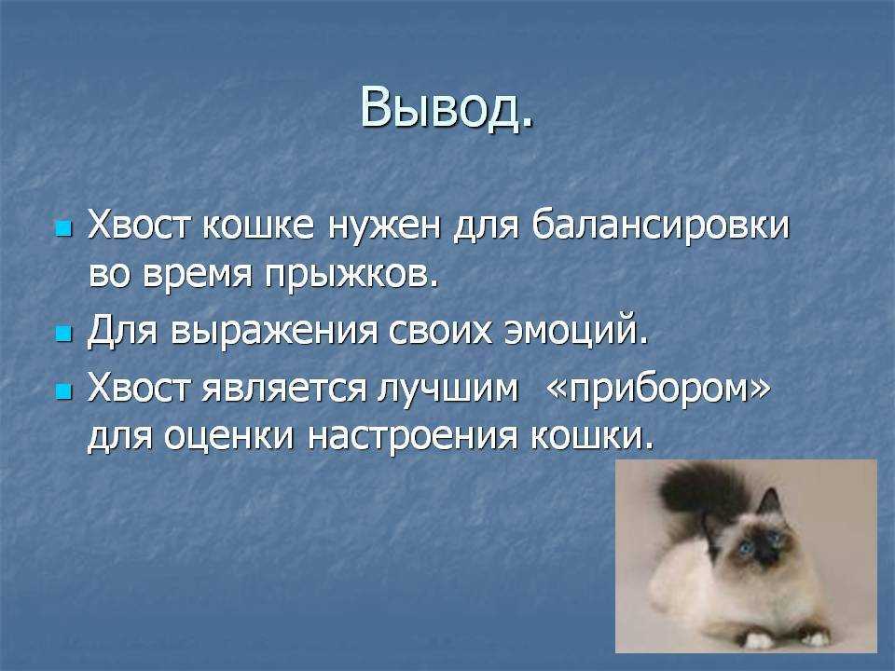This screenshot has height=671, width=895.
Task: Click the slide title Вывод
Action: tap(447, 108)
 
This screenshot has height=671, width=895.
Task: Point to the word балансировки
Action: tap(661, 226)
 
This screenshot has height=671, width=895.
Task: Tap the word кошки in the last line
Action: tap(592, 437)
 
